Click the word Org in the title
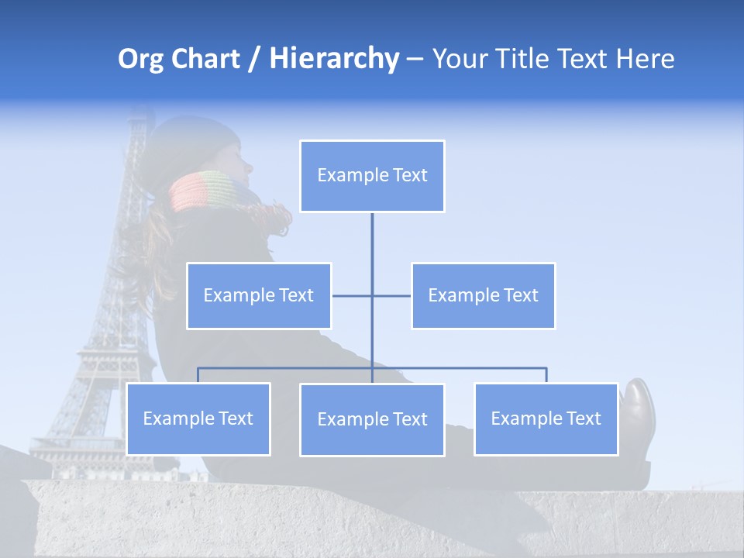pyautogui.click(x=140, y=59)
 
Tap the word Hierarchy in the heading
pyautogui.click(x=334, y=59)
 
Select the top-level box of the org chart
pyautogui.click(x=372, y=176)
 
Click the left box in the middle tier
pyautogui.click(x=259, y=295)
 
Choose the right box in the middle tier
pyautogui.click(x=483, y=295)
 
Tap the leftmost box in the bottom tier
pyautogui.click(x=198, y=418)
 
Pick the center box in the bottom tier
pyautogui.click(x=372, y=419)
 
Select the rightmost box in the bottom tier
pyautogui.click(x=546, y=418)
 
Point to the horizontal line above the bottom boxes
pyautogui.click(x=465, y=368)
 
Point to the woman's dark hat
pyautogui.click(x=190, y=143)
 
